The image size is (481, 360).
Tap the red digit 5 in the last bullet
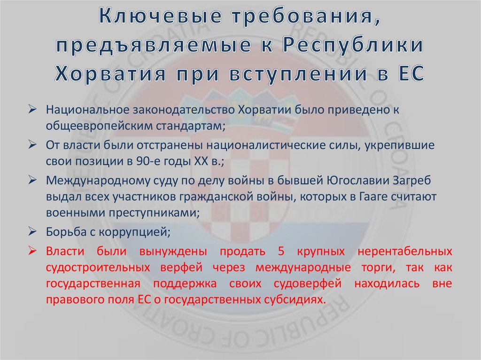281,251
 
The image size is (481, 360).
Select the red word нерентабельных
405,251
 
